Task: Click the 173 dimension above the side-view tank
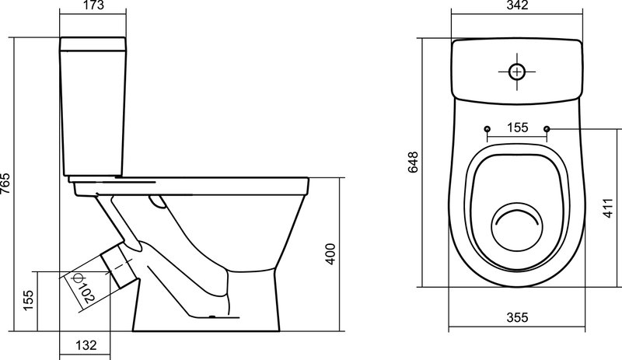[93, 5]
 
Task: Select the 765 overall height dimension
[5, 183]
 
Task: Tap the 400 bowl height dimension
[330, 254]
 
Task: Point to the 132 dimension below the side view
[86, 345]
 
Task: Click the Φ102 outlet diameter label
[82, 288]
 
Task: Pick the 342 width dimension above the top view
[517, 5]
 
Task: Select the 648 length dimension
[414, 162]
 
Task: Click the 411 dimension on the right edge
[608, 208]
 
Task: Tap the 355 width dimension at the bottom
[517, 317]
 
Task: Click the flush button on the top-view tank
[517, 72]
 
